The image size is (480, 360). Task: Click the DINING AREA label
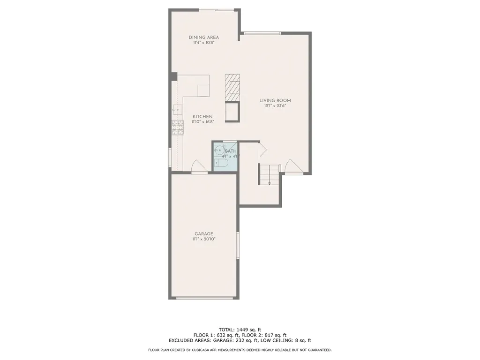point(203,37)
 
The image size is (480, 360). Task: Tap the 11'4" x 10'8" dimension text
point(203,43)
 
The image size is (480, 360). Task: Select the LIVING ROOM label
point(275,100)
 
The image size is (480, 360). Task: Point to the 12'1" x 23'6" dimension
point(275,106)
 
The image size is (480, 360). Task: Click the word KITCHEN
point(202,117)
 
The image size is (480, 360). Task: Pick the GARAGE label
point(204,234)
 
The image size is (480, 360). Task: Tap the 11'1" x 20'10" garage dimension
point(204,240)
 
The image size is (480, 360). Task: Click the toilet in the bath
point(221,163)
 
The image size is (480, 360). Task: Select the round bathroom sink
point(219,150)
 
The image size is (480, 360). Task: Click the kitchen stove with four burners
point(178,127)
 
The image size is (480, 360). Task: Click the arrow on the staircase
point(270,182)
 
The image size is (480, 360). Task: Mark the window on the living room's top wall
point(262,33)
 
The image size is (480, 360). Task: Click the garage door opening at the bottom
point(204,298)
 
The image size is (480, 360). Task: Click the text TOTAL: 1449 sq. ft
point(240,329)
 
